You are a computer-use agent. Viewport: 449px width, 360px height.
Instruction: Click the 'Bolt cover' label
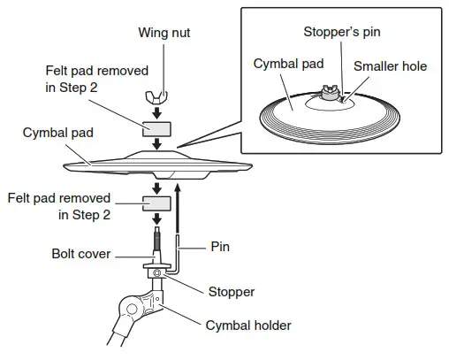point(80,254)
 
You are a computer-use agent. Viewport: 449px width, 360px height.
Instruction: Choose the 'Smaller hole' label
point(388,65)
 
